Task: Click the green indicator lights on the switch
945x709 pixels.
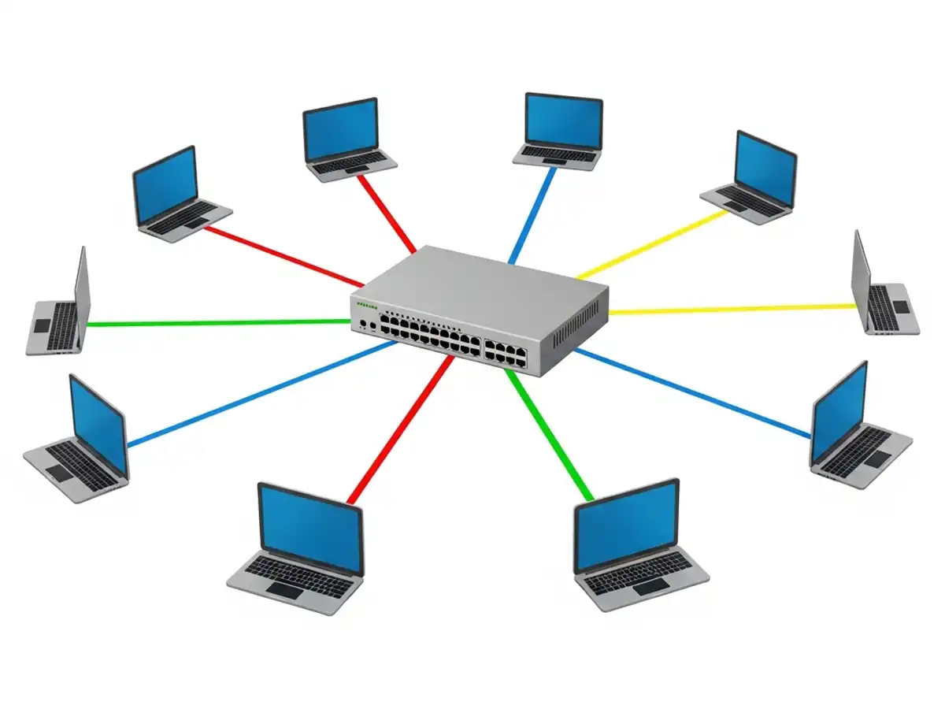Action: point(367,303)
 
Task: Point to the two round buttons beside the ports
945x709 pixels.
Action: point(367,323)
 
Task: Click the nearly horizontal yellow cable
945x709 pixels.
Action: point(732,309)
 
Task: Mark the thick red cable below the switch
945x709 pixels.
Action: point(402,429)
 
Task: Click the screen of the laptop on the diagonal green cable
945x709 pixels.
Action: point(627,525)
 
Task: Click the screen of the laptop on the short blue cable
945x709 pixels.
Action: point(563,121)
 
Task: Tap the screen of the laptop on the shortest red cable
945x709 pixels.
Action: point(340,129)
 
